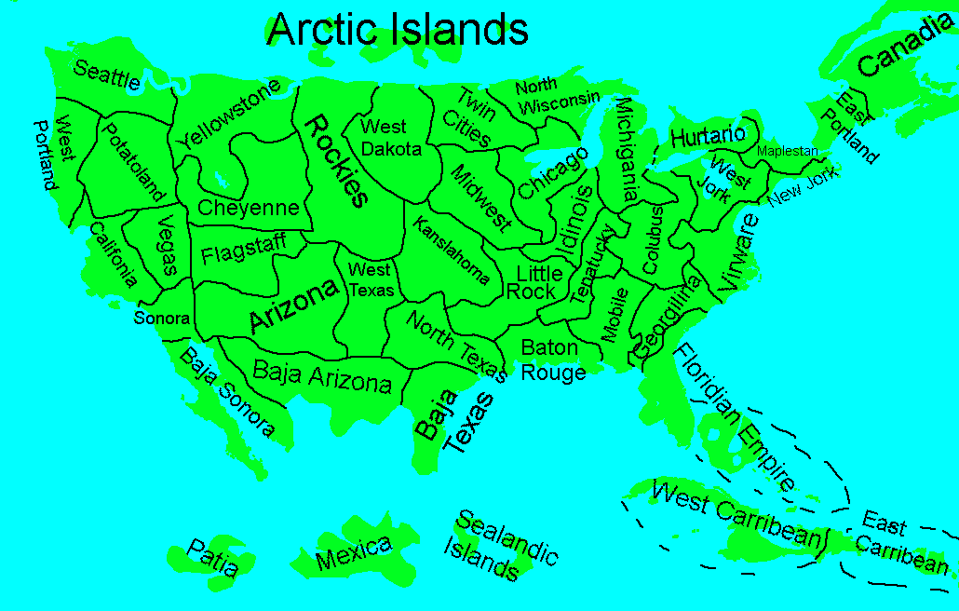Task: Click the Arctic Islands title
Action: click(398, 29)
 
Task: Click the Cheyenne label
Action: click(249, 208)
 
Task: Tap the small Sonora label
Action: click(162, 318)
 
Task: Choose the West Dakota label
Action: click(391, 137)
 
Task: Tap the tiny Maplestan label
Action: click(787, 151)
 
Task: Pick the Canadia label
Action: click(906, 47)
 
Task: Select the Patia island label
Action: click(212, 558)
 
